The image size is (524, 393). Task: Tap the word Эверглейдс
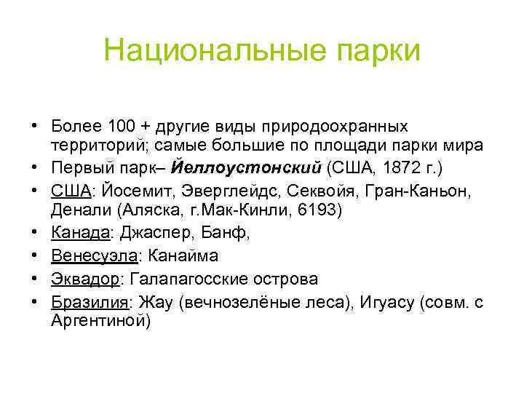(x=216, y=190)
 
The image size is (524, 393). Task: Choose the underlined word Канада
(x=79, y=234)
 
